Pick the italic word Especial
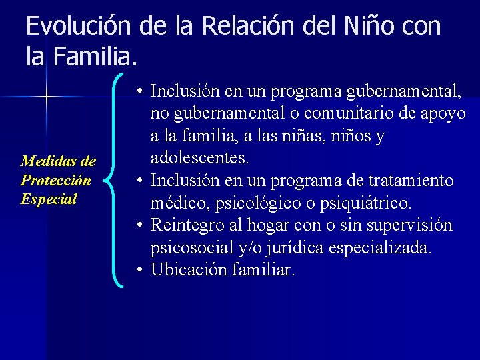(49, 199)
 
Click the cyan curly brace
(119, 180)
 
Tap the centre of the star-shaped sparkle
(46, 97)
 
